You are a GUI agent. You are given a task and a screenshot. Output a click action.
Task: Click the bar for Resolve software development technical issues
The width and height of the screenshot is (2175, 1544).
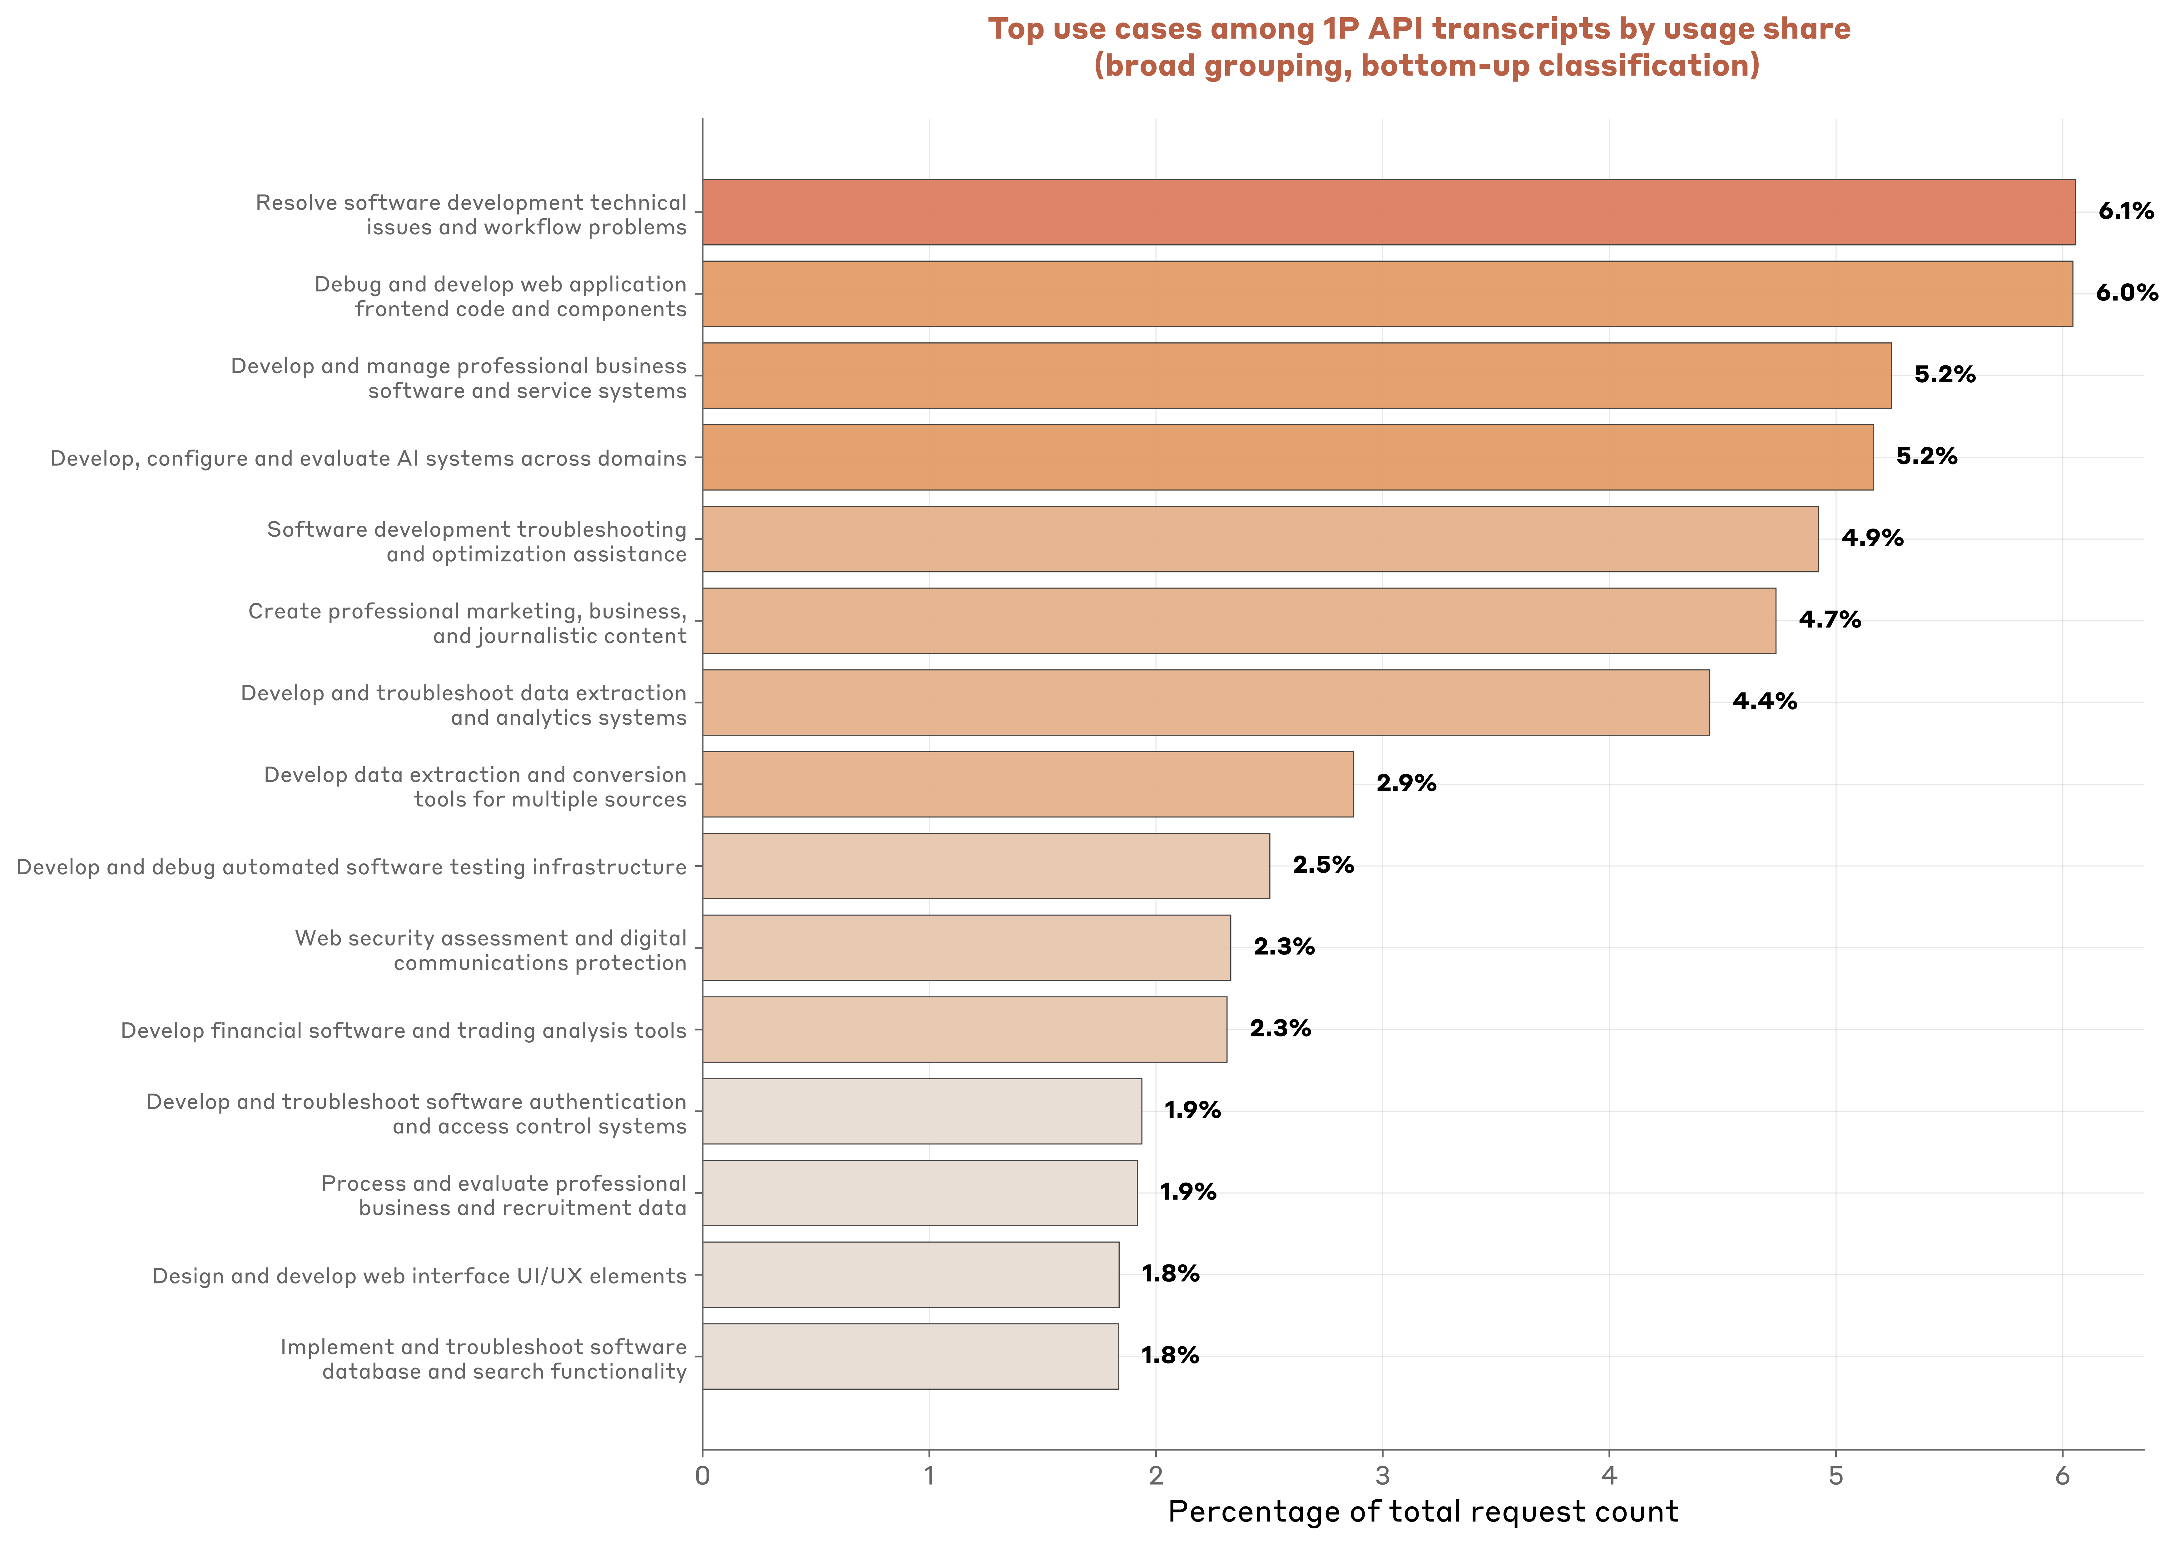coord(1388,212)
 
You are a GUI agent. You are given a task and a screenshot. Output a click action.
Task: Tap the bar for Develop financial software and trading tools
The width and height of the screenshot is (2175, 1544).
coord(964,1030)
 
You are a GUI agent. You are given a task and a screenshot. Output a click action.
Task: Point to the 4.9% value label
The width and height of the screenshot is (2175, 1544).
coord(1872,538)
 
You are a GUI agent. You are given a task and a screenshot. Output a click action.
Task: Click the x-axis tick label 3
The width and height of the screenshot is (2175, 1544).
coord(1382,1477)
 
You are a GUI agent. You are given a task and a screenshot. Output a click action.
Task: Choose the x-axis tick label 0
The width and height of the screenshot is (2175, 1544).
coord(702,1477)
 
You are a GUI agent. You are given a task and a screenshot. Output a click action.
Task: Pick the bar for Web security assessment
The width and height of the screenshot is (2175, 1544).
coord(966,948)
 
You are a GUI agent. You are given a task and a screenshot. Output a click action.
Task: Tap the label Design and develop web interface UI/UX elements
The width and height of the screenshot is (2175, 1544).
coord(419,1276)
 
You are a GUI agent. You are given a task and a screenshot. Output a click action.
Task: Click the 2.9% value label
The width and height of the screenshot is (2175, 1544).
coord(1406,783)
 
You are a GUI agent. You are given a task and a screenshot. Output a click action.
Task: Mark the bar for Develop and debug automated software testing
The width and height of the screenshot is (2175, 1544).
coord(986,866)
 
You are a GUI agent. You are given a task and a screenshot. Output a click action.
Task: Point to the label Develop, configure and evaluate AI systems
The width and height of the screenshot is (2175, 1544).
coord(368,458)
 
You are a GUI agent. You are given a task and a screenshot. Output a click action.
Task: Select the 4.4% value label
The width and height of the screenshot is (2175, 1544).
coord(1764,702)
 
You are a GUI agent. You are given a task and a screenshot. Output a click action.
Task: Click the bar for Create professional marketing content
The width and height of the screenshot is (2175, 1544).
coord(1239,621)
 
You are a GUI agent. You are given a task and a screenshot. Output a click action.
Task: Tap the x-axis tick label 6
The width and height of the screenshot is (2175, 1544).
coord(2062,1477)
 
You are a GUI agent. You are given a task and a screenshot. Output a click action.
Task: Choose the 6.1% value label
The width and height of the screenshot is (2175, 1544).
coord(2126,211)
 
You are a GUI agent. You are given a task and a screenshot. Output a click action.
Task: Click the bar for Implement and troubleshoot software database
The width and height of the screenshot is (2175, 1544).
coord(910,1357)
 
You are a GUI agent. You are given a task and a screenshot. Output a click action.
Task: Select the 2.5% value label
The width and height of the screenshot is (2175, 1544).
coord(1322,865)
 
